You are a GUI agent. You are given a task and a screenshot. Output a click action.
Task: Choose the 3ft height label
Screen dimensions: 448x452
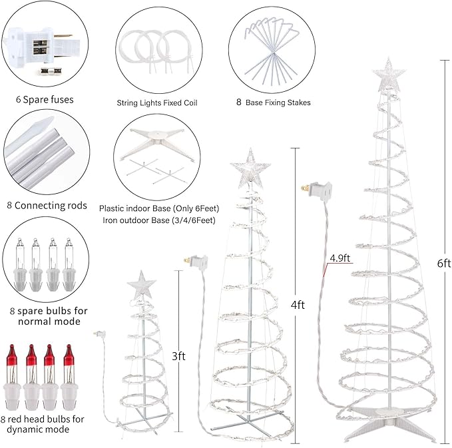tap(178, 356)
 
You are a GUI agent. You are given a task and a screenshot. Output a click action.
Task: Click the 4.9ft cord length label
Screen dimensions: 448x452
tap(339, 258)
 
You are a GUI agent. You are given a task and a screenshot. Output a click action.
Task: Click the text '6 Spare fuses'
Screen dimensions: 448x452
tap(44, 100)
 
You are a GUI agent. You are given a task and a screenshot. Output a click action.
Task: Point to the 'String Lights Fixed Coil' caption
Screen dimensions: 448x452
tap(156, 103)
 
